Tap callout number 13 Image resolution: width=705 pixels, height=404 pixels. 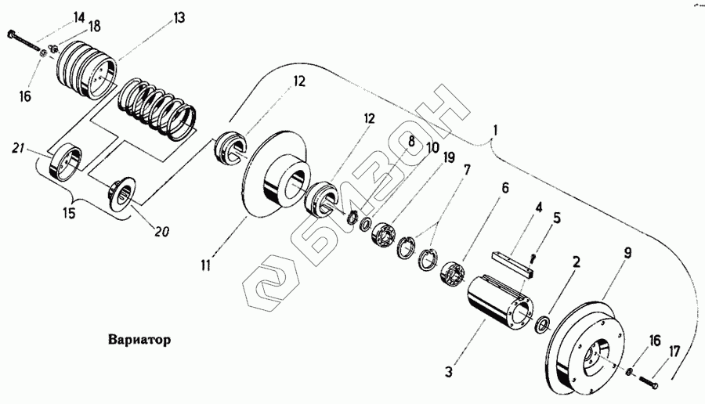pos(179,18)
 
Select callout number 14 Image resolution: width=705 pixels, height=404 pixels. pos(80,17)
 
